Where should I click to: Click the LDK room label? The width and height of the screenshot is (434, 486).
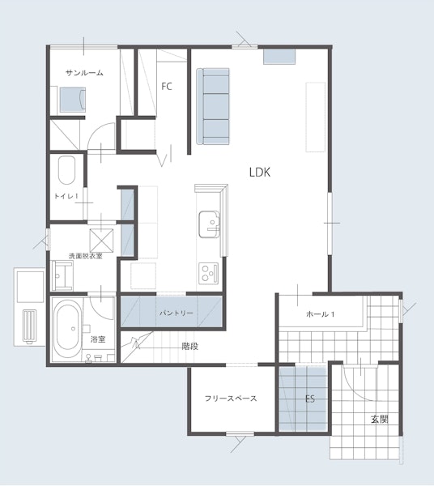[x=260, y=172]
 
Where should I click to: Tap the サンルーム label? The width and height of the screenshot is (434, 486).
[x=84, y=73]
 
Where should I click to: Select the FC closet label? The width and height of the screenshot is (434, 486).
[x=167, y=86]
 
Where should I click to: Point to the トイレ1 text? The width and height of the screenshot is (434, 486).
[x=66, y=196]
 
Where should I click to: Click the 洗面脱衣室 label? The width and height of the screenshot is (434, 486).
[x=86, y=256]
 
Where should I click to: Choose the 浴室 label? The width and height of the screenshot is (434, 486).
[x=98, y=339]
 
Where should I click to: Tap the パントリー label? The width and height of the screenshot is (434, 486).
[x=177, y=313]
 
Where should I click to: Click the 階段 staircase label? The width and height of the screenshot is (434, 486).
[x=190, y=346]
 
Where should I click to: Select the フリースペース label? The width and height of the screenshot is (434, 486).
[x=231, y=399]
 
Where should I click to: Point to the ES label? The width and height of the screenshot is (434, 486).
[x=310, y=399]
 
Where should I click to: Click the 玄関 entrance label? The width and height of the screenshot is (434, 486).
[x=380, y=420]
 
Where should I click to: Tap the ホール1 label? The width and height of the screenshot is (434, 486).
[x=320, y=314]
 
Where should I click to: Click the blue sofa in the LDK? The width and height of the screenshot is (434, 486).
[x=213, y=106]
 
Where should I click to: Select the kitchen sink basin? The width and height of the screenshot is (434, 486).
[x=210, y=224]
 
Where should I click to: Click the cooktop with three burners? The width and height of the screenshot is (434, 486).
[x=208, y=272]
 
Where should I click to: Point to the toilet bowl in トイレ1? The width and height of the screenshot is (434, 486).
[x=66, y=170]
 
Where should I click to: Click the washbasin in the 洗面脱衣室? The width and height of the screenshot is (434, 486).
[x=63, y=275]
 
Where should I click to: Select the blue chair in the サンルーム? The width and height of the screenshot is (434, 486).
[x=73, y=99]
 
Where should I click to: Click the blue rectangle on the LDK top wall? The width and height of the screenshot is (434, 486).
[x=279, y=57]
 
